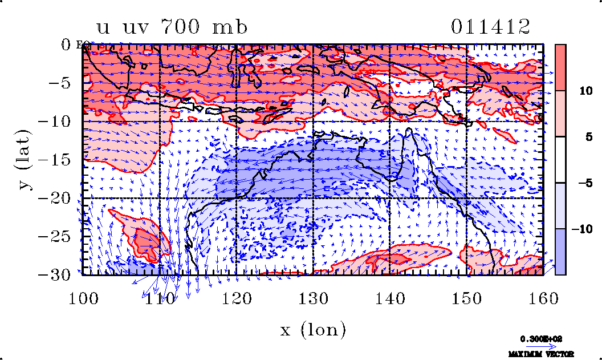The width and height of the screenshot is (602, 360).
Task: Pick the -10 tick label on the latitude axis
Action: click(56, 122)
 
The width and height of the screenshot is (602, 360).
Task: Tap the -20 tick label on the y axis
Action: click(56, 198)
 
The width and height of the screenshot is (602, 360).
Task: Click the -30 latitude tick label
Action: click(56, 274)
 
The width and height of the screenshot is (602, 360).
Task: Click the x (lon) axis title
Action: click(313, 329)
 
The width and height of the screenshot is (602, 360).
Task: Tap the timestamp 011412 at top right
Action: click(490, 27)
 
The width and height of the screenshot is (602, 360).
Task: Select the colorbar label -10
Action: click(577, 229)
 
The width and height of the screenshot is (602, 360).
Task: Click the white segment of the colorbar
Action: click(560, 160)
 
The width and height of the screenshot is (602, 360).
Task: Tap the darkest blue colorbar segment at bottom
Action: click(560, 252)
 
